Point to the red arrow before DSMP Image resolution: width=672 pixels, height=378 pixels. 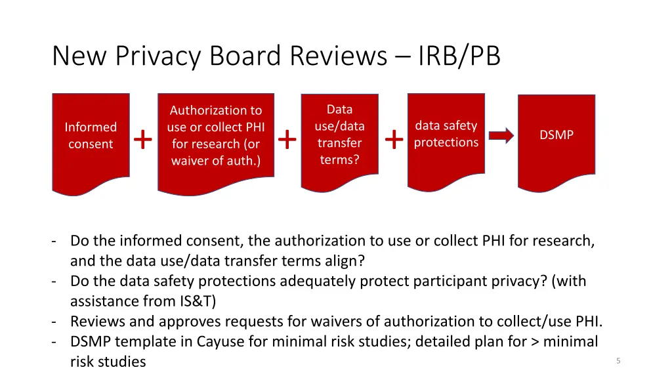501,136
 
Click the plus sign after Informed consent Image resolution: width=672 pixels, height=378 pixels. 142,139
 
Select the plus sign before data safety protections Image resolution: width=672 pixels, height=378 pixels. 394,139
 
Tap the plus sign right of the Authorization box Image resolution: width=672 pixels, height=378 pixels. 287,139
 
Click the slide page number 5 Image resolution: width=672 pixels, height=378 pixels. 618,360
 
